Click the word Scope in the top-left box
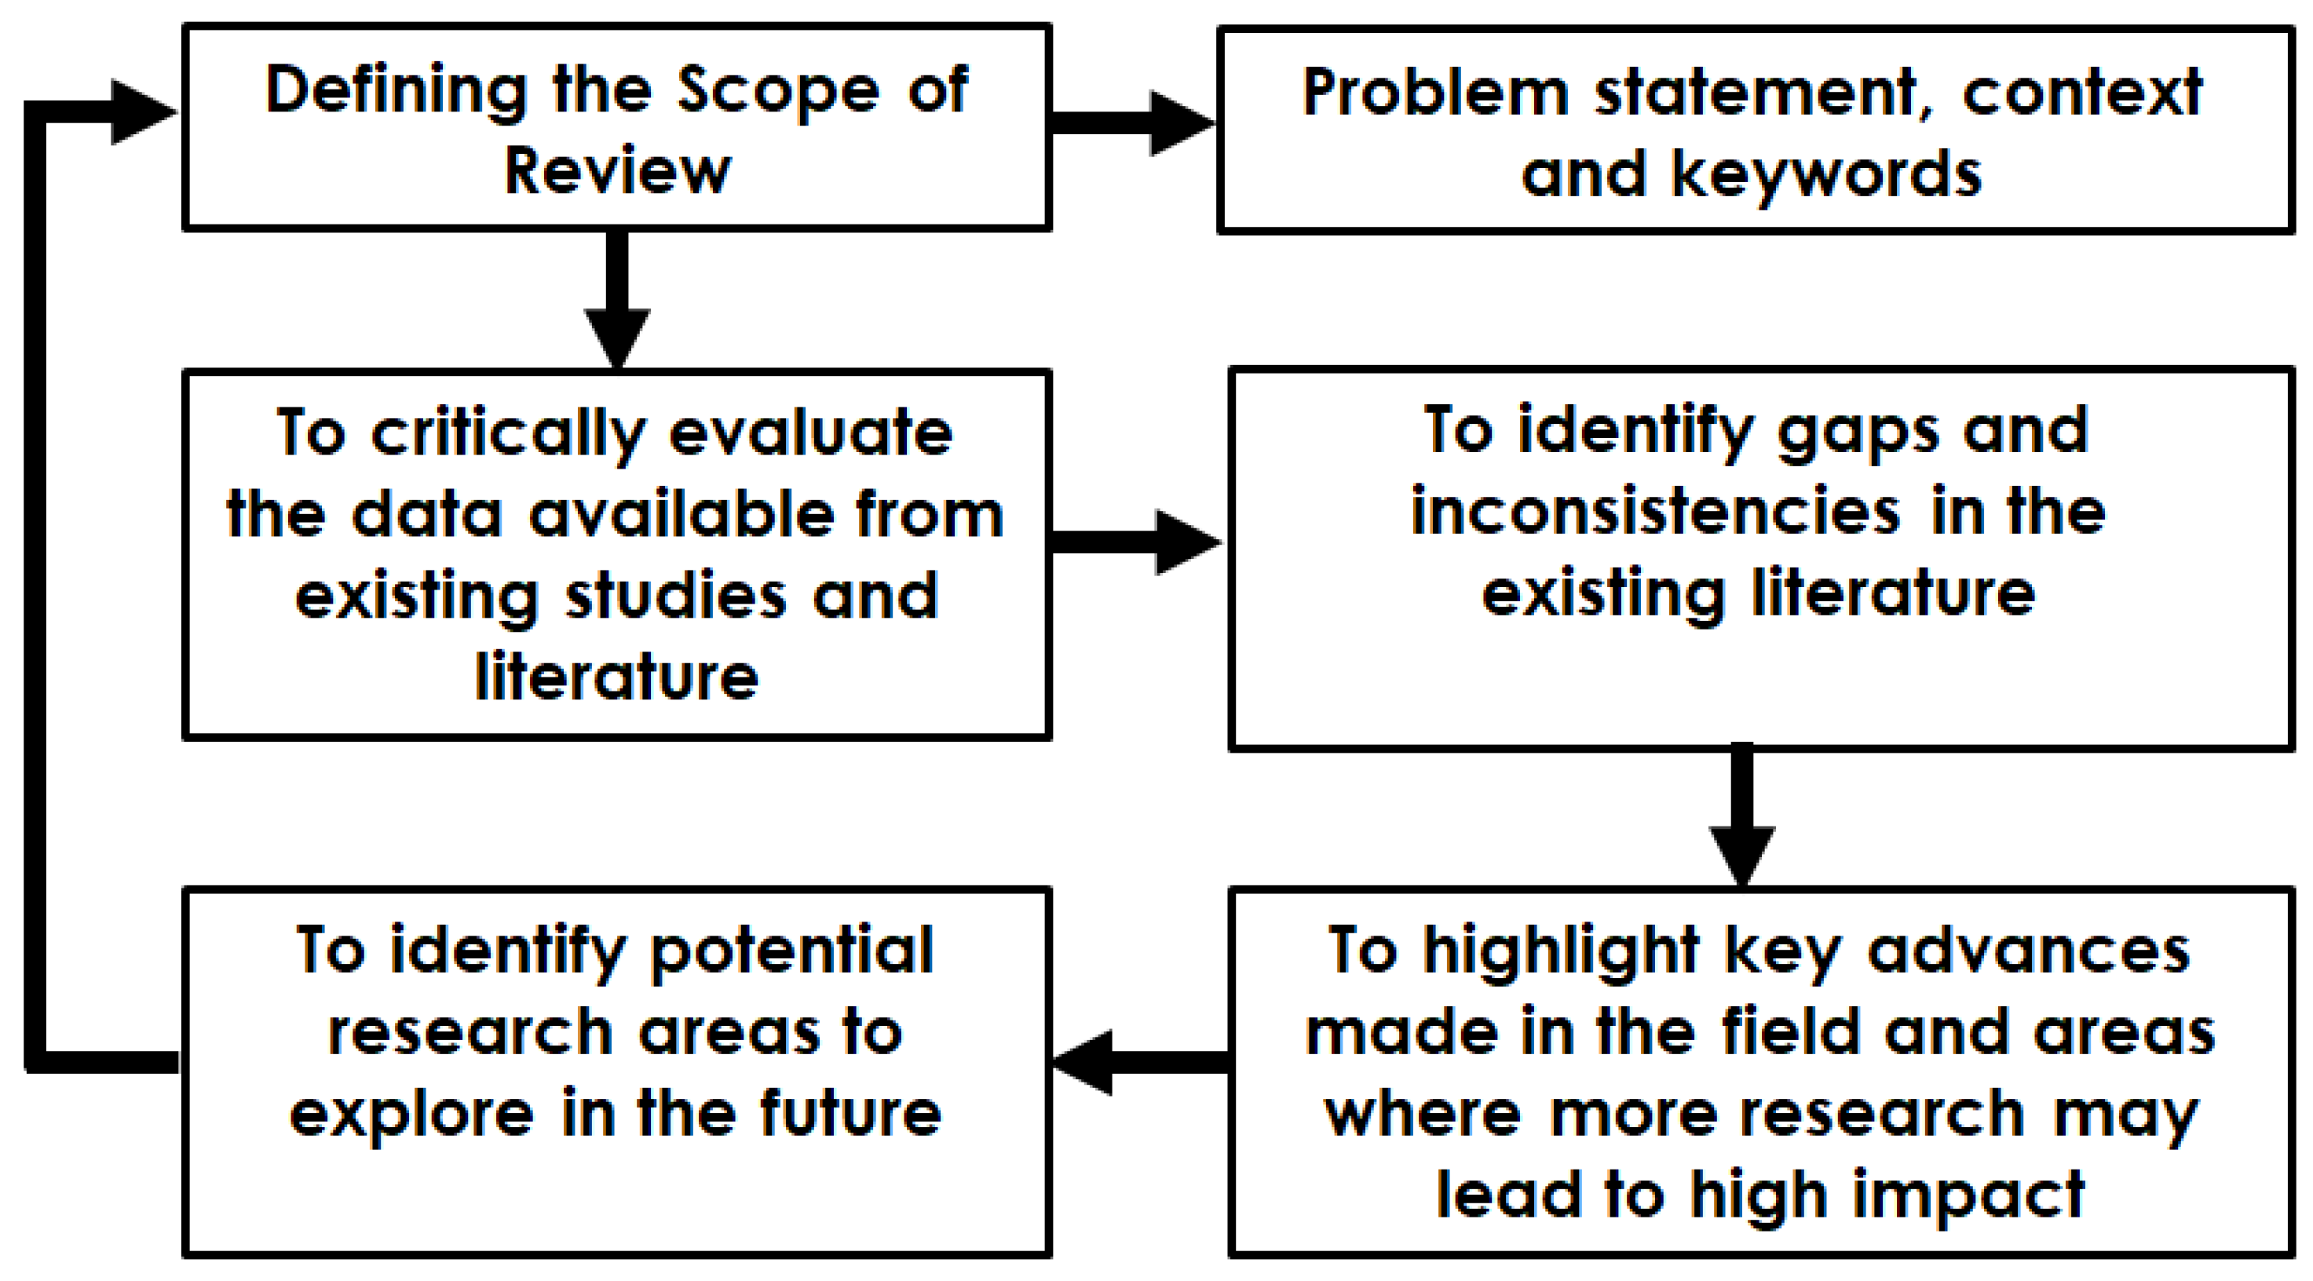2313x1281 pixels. [x=777, y=93]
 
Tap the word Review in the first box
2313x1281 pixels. [x=617, y=170]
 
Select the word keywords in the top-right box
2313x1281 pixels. [x=1826, y=174]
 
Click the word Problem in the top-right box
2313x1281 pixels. [x=1436, y=93]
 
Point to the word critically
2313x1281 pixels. [x=507, y=436]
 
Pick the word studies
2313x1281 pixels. [x=675, y=596]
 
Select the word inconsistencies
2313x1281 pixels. [x=1656, y=512]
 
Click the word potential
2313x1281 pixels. [x=791, y=951]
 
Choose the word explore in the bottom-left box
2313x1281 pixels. [x=411, y=1114]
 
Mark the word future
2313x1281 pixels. [x=850, y=1112]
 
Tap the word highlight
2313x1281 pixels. [x=1561, y=951]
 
